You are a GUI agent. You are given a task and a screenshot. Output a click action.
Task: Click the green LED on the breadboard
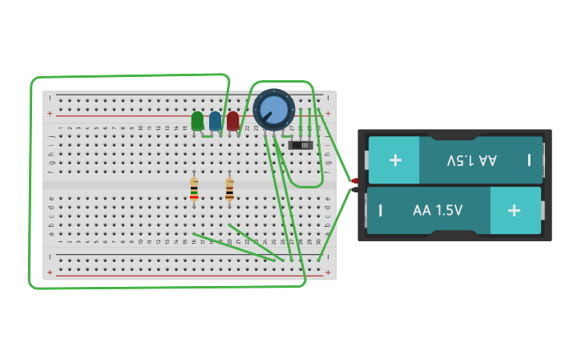click(197, 121)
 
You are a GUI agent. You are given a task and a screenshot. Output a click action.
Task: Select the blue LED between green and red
click(215, 121)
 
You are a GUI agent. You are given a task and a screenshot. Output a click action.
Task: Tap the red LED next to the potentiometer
click(232, 121)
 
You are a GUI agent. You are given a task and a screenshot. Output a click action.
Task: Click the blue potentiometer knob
click(274, 109)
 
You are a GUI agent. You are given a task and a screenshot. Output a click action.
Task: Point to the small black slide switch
click(300, 145)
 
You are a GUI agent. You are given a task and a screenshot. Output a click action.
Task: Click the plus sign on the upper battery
click(395, 159)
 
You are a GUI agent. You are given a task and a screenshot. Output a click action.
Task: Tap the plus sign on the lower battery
click(514, 210)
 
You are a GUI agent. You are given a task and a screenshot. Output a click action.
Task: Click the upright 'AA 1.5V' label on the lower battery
click(438, 211)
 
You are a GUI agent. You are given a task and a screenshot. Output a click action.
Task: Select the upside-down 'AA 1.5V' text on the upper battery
click(471, 160)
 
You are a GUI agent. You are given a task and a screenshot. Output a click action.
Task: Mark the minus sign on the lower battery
click(380, 211)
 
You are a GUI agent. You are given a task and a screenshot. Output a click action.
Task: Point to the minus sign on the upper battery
click(529, 159)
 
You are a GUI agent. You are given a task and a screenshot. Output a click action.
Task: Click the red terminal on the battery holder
click(355, 181)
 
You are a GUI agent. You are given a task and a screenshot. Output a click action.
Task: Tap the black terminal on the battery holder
click(355, 190)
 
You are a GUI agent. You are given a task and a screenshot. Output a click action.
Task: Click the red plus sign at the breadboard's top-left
click(50, 113)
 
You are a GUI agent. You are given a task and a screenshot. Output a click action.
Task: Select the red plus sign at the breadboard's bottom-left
click(50, 272)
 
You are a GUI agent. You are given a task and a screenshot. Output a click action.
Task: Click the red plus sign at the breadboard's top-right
click(328, 113)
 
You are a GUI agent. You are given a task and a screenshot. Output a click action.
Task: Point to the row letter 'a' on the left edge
click(51, 234)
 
